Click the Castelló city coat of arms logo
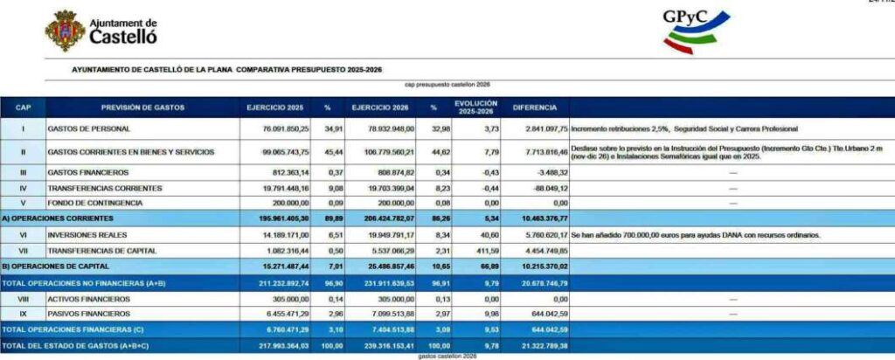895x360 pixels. click(x=65, y=31)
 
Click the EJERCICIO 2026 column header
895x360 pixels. click(x=381, y=107)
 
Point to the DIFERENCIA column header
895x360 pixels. click(x=534, y=107)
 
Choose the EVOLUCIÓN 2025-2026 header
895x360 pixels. click(x=475, y=107)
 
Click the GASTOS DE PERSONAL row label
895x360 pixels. click(x=90, y=129)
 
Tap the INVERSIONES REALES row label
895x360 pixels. click(x=88, y=235)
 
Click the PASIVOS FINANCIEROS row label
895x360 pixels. click(x=90, y=314)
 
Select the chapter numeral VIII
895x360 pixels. click(x=24, y=299)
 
